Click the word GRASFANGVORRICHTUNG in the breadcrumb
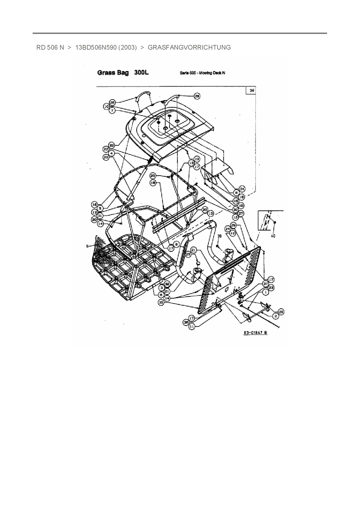(189, 47)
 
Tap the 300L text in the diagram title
(141, 73)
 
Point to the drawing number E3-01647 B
(255, 333)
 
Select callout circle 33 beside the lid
(112, 145)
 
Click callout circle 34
(242, 189)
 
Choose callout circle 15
(236, 201)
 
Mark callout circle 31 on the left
(100, 216)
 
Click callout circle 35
(161, 302)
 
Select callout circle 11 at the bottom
(192, 326)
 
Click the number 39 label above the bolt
(219, 237)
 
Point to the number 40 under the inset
(273, 236)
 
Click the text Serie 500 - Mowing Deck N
(202, 73)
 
